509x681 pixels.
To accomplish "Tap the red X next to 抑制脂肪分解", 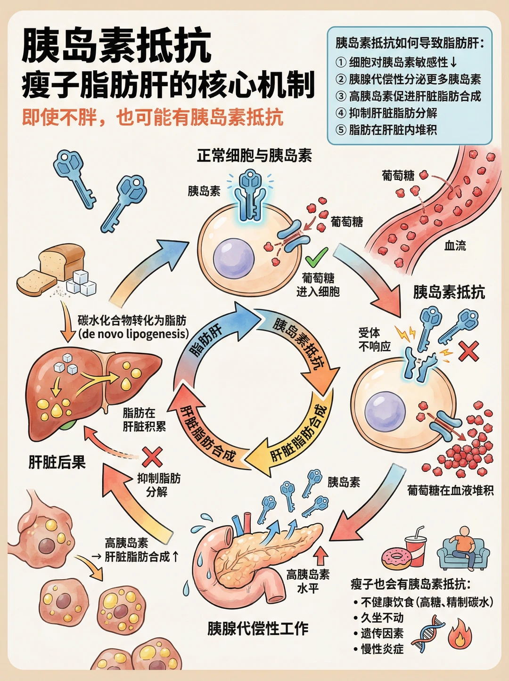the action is pyautogui.click(x=152, y=457).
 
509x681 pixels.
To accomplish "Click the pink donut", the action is pyautogui.click(x=397, y=559).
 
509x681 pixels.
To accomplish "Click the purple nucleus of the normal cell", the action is pyautogui.click(x=233, y=258).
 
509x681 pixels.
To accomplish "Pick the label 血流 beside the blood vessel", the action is pyautogui.click(x=455, y=246).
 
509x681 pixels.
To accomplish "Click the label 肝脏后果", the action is pyautogui.click(x=57, y=462).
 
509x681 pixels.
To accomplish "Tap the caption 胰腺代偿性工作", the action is pyautogui.click(x=258, y=629).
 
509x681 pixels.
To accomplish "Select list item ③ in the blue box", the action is pyautogui.click(x=408, y=96).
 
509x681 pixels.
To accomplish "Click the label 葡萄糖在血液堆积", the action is pyautogui.click(x=451, y=491).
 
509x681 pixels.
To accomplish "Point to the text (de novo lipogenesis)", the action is pyautogui.click(x=133, y=334).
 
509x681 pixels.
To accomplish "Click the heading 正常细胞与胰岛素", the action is pyautogui.click(x=254, y=155).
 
